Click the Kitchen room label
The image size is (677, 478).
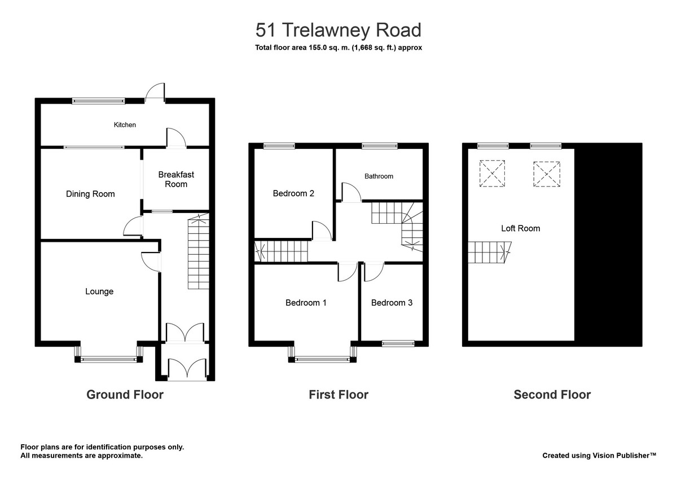tap(125, 125)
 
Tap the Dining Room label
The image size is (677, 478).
tap(90, 194)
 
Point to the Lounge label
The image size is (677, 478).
tap(99, 291)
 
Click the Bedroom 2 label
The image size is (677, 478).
tap(293, 193)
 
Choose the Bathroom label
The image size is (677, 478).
tap(379, 176)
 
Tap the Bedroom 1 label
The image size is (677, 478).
tap(306, 303)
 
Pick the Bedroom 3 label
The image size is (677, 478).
tap(392, 303)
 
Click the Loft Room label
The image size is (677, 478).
tap(520, 228)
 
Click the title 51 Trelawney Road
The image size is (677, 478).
tap(338, 29)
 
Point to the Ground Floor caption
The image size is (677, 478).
tap(125, 395)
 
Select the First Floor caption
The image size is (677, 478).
tap(338, 395)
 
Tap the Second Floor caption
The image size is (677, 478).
tap(552, 395)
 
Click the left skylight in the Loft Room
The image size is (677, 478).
tap(493, 173)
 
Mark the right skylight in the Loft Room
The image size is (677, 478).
tap(547, 173)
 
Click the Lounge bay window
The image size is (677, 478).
tap(109, 358)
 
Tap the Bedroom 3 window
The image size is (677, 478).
tap(398, 343)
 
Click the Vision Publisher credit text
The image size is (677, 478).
tap(599, 455)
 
